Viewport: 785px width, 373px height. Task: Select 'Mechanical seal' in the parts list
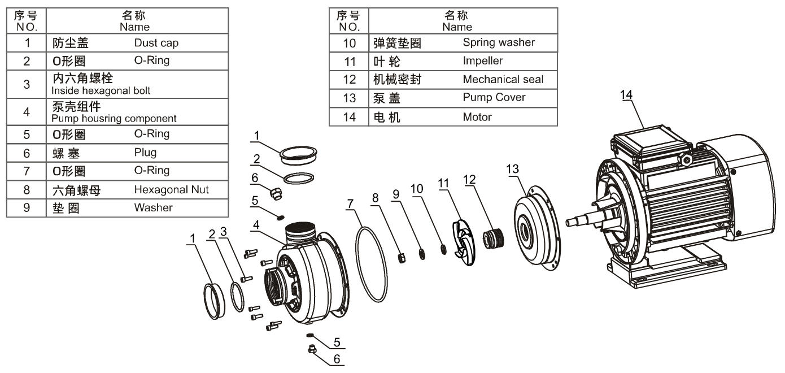(x=503, y=79)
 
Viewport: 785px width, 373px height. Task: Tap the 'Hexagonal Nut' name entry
(x=171, y=190)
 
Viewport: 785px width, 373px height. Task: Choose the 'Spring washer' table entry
(x=499, y=42)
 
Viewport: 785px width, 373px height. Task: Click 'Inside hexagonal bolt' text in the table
(x=101, y=90)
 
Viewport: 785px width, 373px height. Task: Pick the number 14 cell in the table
(x=349, y=117)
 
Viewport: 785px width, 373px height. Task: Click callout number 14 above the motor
(x=626, y=95)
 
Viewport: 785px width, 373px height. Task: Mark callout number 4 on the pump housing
(x=256, y=224)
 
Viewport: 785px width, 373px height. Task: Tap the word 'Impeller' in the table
(x=482, y=60)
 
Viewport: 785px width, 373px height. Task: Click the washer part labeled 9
(x=422, y=253)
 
